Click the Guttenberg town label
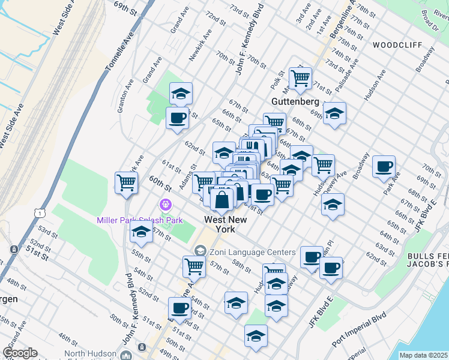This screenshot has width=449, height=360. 296,101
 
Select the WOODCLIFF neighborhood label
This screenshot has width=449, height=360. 397,45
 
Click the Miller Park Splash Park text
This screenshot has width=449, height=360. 140,220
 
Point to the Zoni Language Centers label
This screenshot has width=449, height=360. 252,253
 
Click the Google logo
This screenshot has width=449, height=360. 20,353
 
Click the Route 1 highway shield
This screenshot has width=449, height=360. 40,213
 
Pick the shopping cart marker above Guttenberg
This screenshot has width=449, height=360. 300,77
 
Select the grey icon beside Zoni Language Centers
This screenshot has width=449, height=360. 200,251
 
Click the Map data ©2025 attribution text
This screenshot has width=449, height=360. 423,355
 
